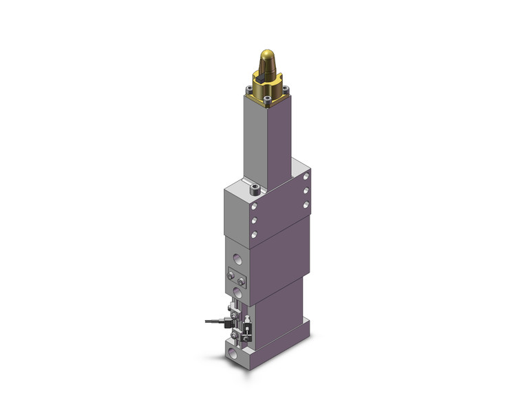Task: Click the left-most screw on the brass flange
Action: (248, 87)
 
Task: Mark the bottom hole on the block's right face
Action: (304, 205)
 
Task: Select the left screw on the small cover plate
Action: (231, 277)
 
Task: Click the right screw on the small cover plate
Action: (241, 281)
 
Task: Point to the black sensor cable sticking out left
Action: (214, 320)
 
